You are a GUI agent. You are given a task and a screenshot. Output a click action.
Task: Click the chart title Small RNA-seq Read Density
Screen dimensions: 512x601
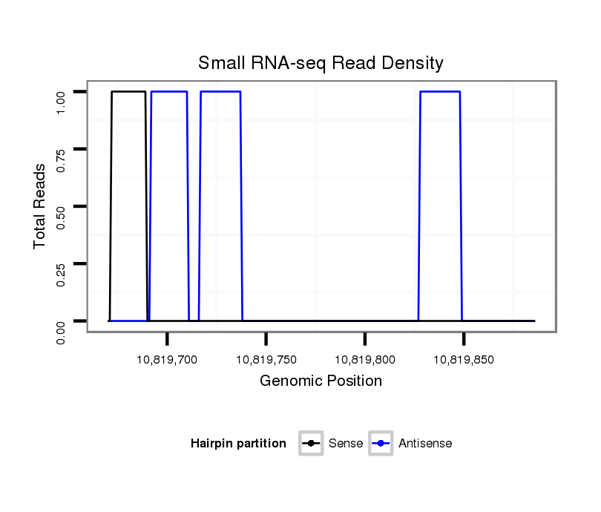321,63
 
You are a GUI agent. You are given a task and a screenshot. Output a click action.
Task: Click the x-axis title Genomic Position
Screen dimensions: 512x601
321,381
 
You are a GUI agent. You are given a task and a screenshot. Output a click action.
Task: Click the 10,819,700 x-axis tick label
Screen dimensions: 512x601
168,360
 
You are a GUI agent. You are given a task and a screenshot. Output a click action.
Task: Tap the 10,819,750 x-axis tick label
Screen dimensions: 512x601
266,360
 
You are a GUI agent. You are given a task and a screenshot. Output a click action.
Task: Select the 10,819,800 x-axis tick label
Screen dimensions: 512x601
365,360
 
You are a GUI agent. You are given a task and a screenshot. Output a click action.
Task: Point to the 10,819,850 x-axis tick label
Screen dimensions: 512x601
464,360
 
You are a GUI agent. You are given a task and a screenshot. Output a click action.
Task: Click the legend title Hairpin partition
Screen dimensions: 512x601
238,444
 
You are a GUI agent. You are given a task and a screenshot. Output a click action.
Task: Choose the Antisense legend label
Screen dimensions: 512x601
425,444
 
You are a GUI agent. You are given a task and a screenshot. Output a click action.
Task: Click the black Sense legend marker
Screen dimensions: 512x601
311,444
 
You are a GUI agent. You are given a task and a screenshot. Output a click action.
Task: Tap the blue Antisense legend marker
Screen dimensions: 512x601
381,444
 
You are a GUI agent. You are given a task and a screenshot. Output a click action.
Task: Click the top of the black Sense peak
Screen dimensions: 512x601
128,91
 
